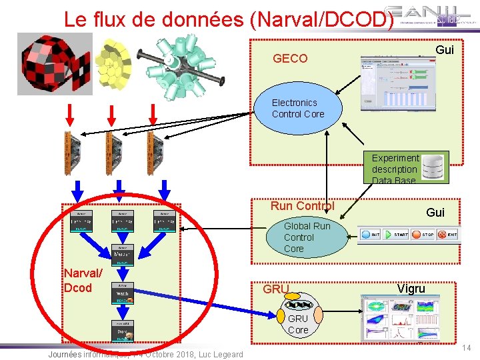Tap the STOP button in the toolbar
tap(423, 235)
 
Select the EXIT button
tap(448, 235)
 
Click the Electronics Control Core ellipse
tap(298, 108)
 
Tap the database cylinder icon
tap(435, 167)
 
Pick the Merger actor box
tap(122, 253)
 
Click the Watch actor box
tap(122, 293)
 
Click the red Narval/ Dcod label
tap(83, 280)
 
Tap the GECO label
tap(290, 59)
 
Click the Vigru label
tap(411, 289)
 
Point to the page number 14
tap(467, 348)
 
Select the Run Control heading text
tap(302, 206)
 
